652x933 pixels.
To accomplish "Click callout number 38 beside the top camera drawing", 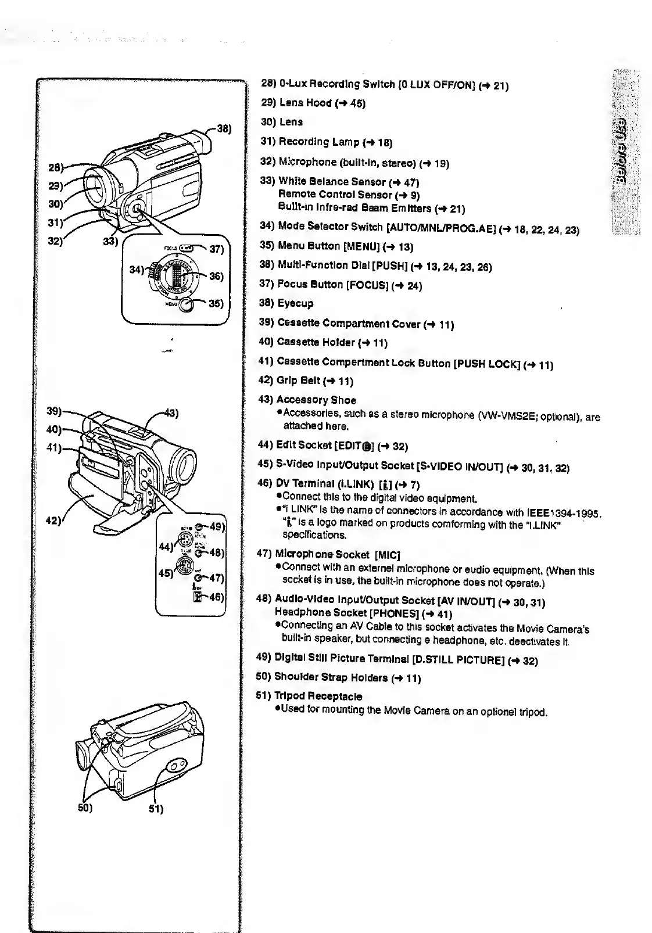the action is (224, 129).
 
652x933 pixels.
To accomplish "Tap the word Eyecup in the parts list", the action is (296, 303).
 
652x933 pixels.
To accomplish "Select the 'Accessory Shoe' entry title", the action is (316, 400).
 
